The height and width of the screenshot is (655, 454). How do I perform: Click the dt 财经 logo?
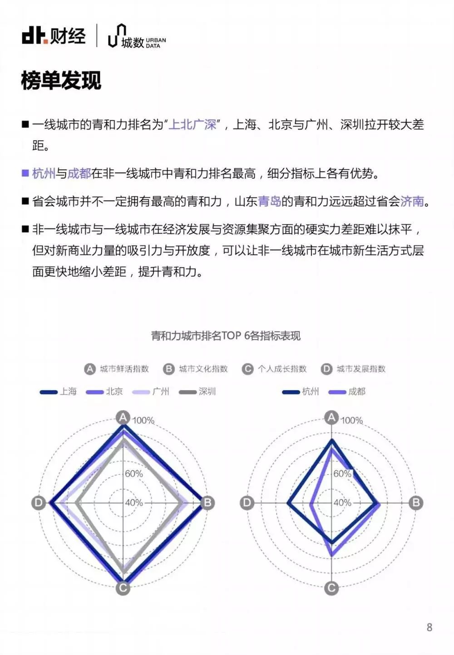tap(54, 36)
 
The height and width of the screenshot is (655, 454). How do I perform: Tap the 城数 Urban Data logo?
tap(137, 36)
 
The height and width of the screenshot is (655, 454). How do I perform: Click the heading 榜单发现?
tap(61, 80)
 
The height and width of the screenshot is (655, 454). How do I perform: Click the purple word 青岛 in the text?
tap(270, 201)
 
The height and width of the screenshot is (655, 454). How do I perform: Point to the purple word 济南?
tap(412, 201)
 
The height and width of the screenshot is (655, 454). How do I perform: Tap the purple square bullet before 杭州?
tap(25, 173)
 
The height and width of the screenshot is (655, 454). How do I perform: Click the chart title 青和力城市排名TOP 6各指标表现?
tap(226, 336)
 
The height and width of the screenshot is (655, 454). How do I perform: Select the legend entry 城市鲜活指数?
tap(117, 369)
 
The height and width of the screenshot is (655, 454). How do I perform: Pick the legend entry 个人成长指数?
tap(274, 369)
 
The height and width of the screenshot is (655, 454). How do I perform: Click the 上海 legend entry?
tap(58, 391)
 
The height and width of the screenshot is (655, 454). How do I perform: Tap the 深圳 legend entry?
tap(197, 391)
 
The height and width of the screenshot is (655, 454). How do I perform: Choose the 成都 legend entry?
tap(347, 391)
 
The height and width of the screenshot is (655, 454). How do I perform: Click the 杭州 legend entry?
tap(301, 391)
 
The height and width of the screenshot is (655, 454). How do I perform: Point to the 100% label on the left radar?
tap(143, 420)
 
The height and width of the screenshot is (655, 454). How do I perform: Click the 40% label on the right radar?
tap(342, 503)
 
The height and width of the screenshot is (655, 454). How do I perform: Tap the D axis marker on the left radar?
tap(38, 503)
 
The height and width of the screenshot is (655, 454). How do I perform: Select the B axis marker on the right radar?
tap(416, 503)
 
